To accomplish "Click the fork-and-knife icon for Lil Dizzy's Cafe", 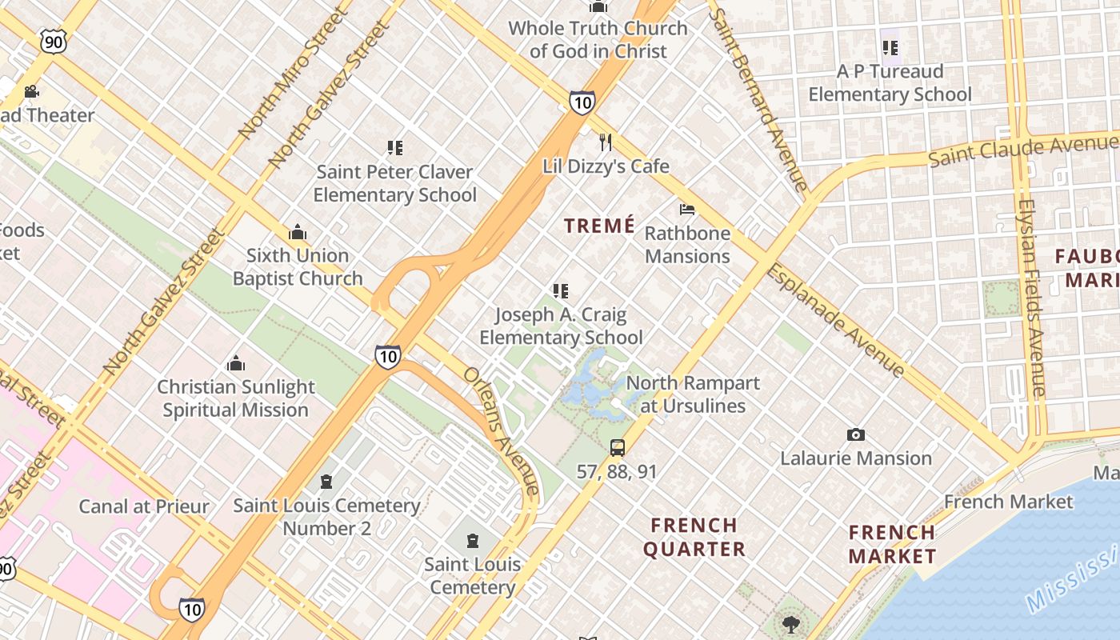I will coord(606,142).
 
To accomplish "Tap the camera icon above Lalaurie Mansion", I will coord(856,434).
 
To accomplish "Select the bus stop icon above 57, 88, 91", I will coord(617,447).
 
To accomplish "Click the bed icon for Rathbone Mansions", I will coord(686,210).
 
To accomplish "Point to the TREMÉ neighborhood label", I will coord(599,226).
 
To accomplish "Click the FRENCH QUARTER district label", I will coord(694,537).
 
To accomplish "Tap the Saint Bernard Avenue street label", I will coord(758,100).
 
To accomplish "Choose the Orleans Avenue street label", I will coord(502,433).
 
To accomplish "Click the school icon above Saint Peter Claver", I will coord(394,148).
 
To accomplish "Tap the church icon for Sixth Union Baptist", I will coord(298,233).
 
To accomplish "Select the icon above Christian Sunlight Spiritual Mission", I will coord(235,364).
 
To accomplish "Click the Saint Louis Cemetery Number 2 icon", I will coord(326,482).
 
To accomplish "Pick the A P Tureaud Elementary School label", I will coord(890,82).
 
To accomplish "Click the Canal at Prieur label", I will coord(144,506).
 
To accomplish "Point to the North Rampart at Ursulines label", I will coord(693,394).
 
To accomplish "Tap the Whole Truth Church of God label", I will coord(598,39).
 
